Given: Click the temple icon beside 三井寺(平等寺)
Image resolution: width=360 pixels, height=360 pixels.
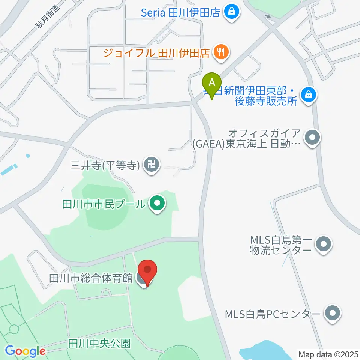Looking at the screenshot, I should point(152,164).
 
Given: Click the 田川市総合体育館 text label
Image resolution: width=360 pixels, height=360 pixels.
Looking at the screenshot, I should point(91,278).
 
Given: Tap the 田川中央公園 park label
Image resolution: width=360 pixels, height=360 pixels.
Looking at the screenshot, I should point(99,343).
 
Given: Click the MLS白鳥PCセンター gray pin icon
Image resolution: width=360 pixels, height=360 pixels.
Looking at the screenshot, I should point(332,313).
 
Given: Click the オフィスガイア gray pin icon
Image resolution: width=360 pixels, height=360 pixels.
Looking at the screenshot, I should point(312,138).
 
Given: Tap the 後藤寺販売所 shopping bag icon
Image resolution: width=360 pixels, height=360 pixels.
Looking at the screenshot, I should point(308,94).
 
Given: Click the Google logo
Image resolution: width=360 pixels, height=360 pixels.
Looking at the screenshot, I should point(25,351).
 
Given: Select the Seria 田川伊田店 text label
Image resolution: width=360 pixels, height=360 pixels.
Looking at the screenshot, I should point(180,13).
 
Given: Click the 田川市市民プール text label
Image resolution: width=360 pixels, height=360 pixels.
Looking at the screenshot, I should point(103,205).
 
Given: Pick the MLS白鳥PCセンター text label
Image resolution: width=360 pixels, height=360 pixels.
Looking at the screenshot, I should point(273,313).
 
